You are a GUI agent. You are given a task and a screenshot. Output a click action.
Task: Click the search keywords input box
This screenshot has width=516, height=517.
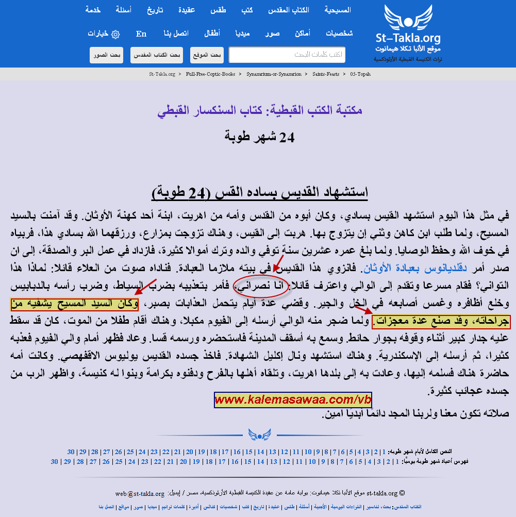click(287, 55)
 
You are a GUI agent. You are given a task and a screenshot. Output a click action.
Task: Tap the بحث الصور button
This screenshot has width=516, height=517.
click(107, 55)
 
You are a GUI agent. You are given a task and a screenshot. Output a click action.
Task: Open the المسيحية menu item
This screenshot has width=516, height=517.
click(338, 10)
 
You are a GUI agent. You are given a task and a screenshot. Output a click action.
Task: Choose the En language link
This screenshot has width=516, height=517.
click(141, 34)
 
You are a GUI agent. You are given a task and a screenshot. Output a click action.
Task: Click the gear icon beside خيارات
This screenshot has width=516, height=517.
click(115, 34)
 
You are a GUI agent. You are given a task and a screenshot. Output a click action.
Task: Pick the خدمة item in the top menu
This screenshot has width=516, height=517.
click(93, 10)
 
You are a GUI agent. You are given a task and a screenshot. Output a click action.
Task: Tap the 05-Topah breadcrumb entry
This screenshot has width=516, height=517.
click(360, 74)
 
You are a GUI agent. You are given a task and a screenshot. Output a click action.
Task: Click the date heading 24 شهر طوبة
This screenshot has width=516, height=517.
click(259, 137)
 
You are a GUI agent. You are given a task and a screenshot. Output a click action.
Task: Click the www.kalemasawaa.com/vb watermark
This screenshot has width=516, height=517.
click(293, 400)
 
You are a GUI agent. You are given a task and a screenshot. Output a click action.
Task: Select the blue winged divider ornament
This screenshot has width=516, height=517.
click(259, 435)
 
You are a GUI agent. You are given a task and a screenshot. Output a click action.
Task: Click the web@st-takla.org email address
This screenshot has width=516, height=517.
click(140, 493)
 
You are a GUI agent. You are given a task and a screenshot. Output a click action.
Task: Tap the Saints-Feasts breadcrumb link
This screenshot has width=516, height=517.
click(326, 74)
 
